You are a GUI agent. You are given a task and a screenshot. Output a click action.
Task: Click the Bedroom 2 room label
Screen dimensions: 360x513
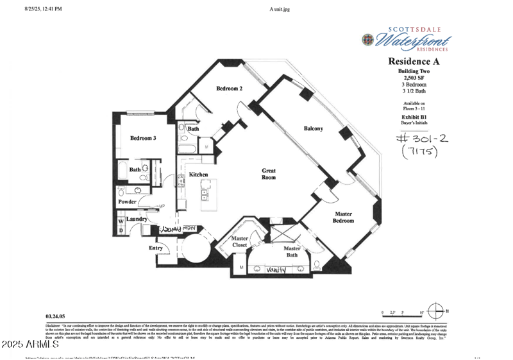[229, 89]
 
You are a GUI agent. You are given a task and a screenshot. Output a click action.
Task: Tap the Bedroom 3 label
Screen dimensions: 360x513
[143, 138]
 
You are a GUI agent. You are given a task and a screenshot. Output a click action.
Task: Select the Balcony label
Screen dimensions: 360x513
[313, 129]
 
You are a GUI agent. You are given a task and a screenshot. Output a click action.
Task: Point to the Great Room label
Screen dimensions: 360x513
[269, 175]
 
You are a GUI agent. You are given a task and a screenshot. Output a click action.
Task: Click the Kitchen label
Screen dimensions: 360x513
[198, 175]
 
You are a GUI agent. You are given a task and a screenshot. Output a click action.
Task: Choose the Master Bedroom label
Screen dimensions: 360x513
[343, 218]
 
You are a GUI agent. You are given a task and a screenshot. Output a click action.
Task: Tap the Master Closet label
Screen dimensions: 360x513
[240, 242]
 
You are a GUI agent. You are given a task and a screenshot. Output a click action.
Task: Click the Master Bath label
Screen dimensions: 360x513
[292, 252]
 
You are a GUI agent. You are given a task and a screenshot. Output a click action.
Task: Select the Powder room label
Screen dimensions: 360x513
[128, 202]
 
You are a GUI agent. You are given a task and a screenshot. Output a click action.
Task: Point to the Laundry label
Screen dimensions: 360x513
[137, 219]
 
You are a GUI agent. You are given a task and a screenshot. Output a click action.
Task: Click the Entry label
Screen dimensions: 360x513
[155, 248]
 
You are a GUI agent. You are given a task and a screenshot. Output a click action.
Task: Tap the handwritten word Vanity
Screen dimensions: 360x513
[276, 270]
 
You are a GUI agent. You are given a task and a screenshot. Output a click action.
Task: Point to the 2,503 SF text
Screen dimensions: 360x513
[414, 78]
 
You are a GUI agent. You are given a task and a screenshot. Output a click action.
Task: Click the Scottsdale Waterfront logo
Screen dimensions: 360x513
[405, 39]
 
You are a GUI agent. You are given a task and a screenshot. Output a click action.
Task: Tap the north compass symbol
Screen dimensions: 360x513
[435, 312]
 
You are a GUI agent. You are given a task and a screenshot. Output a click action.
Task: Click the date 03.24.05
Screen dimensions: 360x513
[56, 316]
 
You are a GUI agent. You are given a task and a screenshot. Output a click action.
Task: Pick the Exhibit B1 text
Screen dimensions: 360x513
[414, 117]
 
